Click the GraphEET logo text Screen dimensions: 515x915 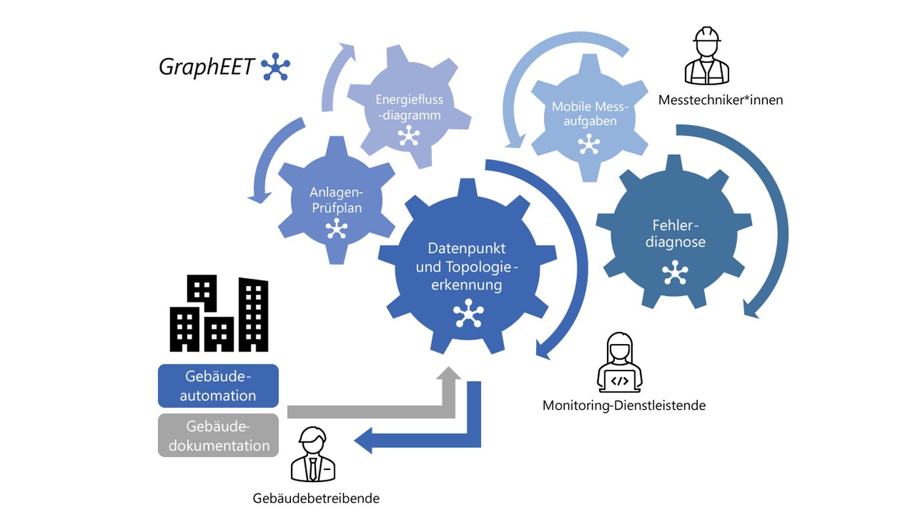pos(206,67)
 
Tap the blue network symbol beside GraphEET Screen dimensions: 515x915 pos(275,67)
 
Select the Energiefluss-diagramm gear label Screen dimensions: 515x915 pos(409,107)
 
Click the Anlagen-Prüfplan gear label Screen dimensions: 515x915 pos(336,200)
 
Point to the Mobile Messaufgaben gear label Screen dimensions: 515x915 pos(590,113)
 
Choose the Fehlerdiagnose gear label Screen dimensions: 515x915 pos(675,234)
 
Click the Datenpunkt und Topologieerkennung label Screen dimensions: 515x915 pos(467,266)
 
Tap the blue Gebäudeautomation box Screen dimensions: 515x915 pos(218,386)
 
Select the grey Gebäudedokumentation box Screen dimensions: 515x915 pos(218,436)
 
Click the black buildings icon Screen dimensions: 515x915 pos(218,314)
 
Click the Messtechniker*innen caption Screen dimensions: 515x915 pos(720,100)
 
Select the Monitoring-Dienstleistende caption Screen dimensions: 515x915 pos(623,405)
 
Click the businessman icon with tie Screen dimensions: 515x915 pos(313,455)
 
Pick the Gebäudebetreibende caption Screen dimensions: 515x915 pos(316,499)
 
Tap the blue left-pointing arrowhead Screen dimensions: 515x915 pos(364,441)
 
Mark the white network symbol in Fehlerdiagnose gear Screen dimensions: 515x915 pos(675,273)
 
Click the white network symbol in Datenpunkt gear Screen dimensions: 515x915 pos(468,314)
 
